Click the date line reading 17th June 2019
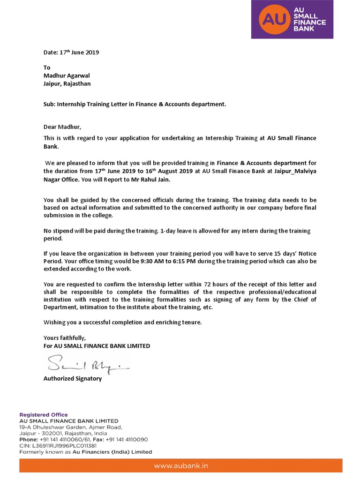point(71,52)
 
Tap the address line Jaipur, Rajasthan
point(67,83)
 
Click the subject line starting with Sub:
point(135,104)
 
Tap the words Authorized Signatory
point(72,378)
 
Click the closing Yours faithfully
point(65,338)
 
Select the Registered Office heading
point(43,415)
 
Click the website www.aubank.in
point(180,466)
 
